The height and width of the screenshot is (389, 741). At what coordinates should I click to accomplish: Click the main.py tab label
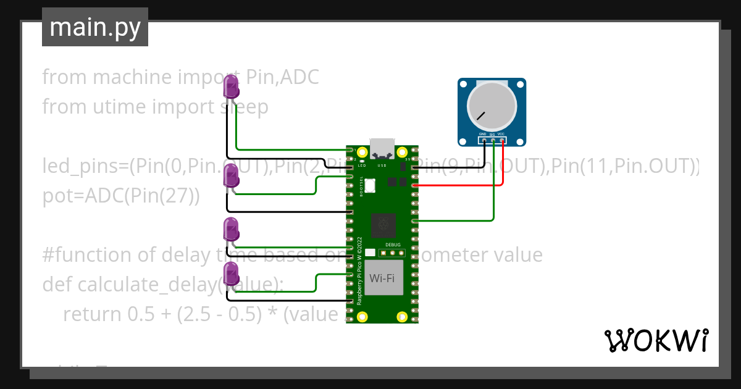click(95, 27)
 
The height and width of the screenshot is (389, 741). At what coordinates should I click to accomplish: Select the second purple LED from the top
click(231, 177)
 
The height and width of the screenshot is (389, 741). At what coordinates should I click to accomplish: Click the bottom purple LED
click(231, 274)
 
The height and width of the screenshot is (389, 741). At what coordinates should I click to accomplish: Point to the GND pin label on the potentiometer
click(483, 133)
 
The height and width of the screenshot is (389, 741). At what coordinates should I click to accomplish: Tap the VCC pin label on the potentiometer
click(501, 133)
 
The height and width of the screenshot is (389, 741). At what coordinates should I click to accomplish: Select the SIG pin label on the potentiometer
click(492, 133)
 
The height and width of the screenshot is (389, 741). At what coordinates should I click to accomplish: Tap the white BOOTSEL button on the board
click(370, 185)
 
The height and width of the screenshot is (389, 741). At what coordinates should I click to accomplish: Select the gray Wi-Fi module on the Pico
click(383, 278)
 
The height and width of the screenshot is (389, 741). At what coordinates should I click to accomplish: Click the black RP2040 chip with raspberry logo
click(383, 225)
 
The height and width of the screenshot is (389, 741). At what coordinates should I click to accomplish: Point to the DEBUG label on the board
click(393, 245)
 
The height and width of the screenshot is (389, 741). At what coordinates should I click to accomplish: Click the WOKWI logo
click(656, 340)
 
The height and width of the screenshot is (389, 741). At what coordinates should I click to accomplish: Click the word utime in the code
click(120, 107)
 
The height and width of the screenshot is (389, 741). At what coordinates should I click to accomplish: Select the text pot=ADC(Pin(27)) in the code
click(121, 196)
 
